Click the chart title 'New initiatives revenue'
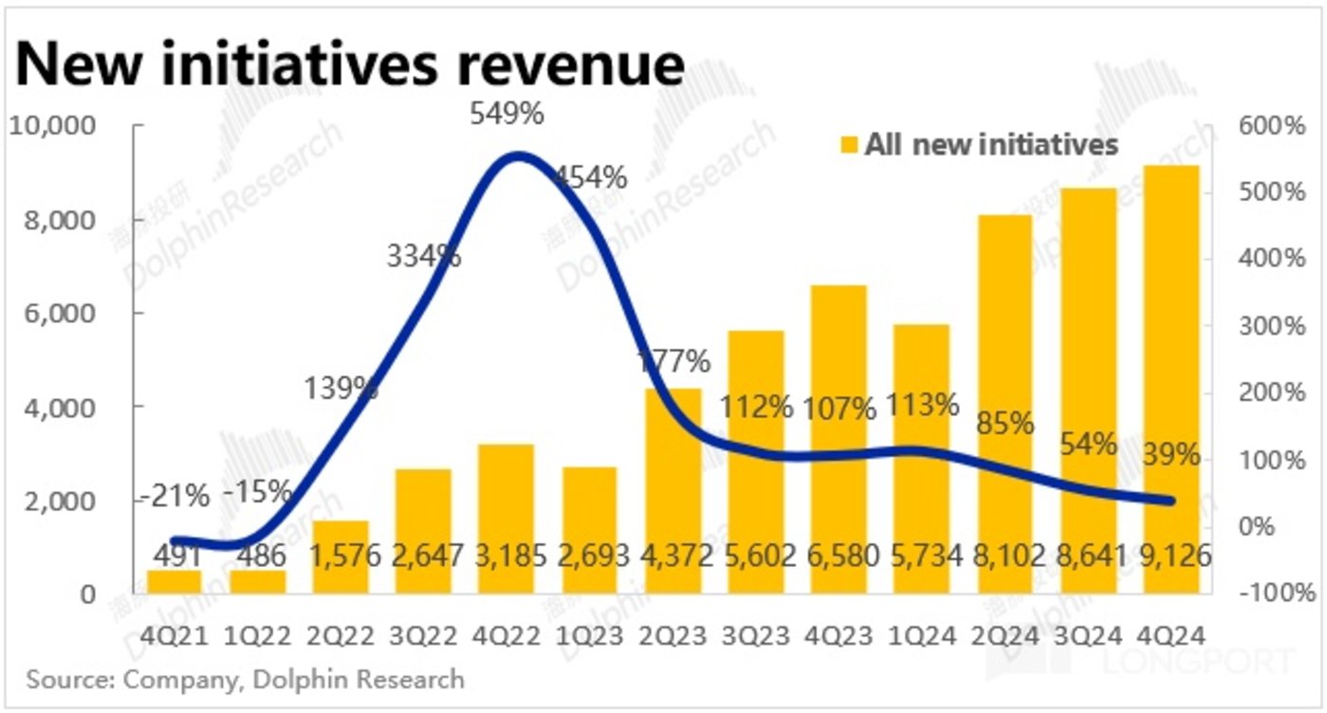(351, 64)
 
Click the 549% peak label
(507, 115)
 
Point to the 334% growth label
(423, 255)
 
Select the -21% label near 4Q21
(176, 494)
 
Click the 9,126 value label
(1173, 554)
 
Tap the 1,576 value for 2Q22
(340, 554)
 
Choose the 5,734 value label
(922, 554)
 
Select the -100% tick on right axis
(1271, 594)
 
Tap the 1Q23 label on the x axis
(590, 633)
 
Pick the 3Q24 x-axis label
(1090, 633)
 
